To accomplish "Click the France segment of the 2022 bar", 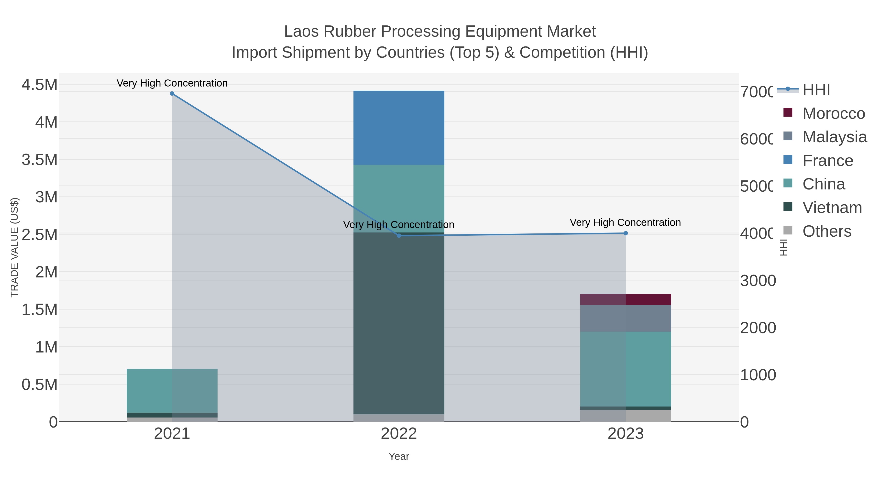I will pyautogui.click(x=399, y=128).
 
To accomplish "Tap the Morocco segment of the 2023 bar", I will pyautogui.click(x=626, y=299).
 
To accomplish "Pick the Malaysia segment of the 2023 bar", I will pyautogui.click(x=626, y=318).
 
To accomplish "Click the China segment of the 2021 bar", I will pyautogui.click(x=172, y=390).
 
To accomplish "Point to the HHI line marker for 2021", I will pyautogui.click(x=172, y=94).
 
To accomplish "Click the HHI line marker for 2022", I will pyautogui.click(x=399, y=235).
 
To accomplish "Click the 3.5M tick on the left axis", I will pyautogui.click(x=40, y=160).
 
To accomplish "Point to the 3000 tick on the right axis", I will pyautogui.click(x=758, y=281).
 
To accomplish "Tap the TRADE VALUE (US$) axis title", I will pyautogui.click(x=14, y=247).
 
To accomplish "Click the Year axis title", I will pyautogui.click(x=399, y=456).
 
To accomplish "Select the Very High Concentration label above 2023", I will pyautogui.click(x=625, y=222).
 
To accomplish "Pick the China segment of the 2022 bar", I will pyautogui.click(x=399, y=198).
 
